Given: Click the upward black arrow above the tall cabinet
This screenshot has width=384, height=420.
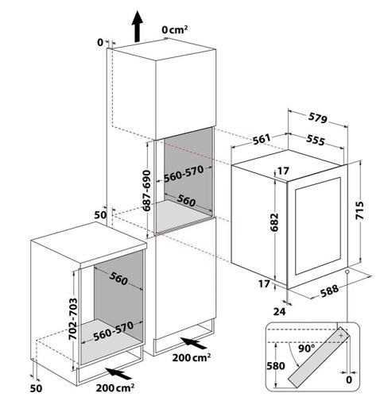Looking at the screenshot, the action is tap(137, 26).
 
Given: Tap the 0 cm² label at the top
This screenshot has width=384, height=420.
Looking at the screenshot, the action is tap(174, 29).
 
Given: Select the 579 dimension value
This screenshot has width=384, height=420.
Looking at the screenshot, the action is tap(318, 118).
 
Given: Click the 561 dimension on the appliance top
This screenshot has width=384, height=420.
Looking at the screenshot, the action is tap(262, 139).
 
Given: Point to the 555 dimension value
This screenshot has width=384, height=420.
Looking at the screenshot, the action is tap(316, 140).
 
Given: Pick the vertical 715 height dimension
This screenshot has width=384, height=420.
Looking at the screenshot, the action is tap(359, 210).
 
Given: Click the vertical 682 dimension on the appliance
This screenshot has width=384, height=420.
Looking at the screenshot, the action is tap(274, 222).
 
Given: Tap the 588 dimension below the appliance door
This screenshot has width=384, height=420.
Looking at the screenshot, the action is tap(329, 291).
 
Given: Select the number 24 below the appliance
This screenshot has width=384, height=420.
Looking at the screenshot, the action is tap(279, 311).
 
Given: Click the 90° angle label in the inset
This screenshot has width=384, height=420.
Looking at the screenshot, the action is tap(307, 349).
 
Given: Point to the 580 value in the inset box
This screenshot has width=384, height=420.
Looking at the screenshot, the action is tap(275, 366).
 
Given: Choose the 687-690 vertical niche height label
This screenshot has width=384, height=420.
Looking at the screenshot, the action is tap(146, 191).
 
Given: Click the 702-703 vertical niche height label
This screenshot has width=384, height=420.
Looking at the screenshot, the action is tap(72, 319).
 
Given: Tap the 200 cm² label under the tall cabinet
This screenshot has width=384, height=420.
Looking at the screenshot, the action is tap(191, 357).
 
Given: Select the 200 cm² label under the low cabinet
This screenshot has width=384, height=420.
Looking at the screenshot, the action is tap(115, 387).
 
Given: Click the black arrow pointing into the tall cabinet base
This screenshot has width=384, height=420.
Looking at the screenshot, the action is tap(194, 343).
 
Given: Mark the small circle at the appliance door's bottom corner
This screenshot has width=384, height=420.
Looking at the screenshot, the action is tap(347, 272).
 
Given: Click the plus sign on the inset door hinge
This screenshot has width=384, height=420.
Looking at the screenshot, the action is tap(341, 335).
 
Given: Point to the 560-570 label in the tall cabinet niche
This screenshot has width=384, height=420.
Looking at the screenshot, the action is tap(184, 174).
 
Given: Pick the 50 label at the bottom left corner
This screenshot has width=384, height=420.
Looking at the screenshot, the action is tap(36, 388).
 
